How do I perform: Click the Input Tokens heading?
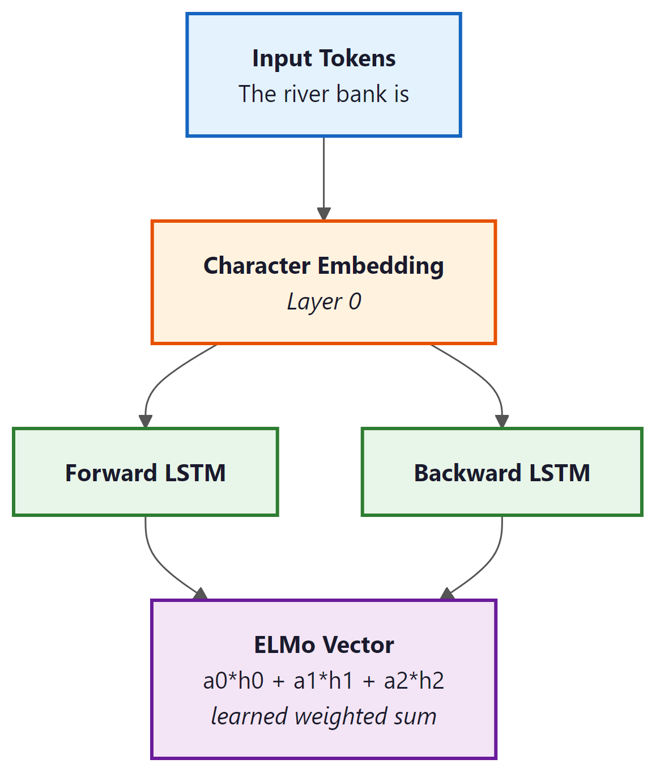(323, 58)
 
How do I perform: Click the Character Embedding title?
(323, 266)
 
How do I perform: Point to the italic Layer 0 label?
(323, 302)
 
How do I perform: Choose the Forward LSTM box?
(146, 472)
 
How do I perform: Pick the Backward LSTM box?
(502, 472)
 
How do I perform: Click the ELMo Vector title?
(323, 645)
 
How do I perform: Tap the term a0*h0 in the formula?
(233, 681)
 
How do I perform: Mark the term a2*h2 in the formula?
(414, 681)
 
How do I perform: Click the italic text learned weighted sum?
(323, 716)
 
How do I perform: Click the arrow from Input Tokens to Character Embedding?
(323, 176)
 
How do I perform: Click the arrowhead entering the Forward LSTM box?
(146, 421)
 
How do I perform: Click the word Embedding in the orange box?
(381, 266)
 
